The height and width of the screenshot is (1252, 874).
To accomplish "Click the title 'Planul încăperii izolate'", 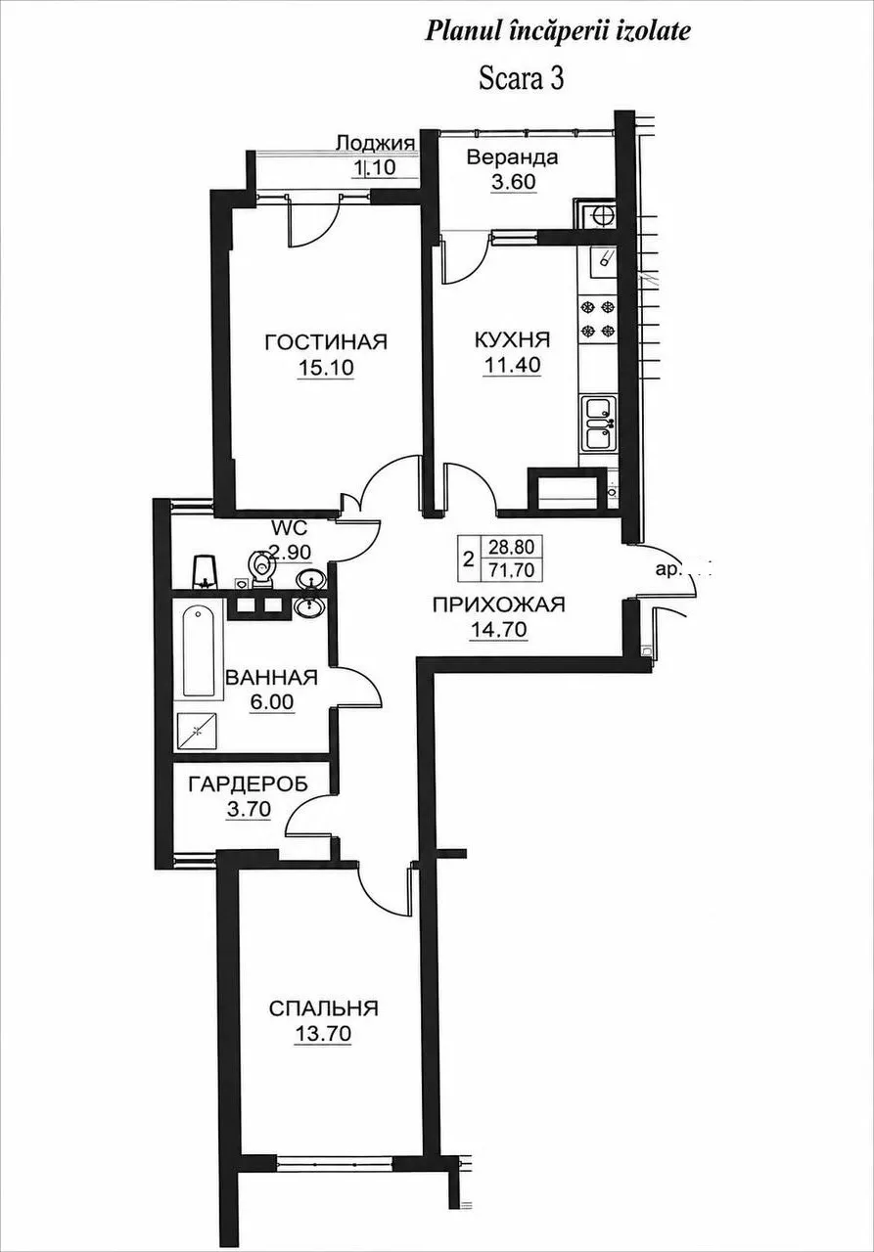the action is pos(558,32).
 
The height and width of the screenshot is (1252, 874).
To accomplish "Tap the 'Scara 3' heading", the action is pos(521,79).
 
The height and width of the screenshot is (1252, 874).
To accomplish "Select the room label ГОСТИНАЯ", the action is pos(326,341).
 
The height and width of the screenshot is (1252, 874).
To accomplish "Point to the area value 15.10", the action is pos(326,367).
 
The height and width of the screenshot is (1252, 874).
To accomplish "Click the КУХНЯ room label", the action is pos(512,339).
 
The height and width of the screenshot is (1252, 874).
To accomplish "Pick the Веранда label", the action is pos(512,157).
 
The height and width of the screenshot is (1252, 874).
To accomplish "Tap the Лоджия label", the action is pos(376,143).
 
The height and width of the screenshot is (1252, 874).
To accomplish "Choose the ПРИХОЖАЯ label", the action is pos(499,604).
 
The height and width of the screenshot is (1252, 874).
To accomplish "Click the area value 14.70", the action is pos(498,630).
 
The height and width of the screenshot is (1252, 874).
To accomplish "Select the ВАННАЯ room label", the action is pos(272,678).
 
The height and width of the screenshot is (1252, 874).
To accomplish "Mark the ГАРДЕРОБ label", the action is pos(249,784).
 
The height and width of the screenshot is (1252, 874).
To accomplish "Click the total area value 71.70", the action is pos(511,570).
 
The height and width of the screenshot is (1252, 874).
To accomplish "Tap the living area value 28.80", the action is pos(511,545).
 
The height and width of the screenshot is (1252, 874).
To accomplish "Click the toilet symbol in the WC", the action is pos(260,568).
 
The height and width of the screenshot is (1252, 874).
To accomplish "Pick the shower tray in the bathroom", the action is pos(198,731).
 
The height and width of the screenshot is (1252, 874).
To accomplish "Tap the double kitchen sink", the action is pos(599,423).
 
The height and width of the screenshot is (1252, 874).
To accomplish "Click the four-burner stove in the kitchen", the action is pos(599,319).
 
